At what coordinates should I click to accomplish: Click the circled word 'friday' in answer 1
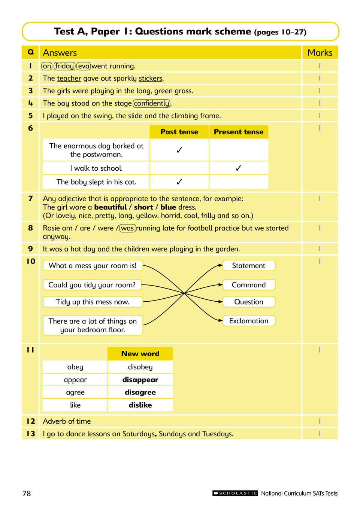point(64,66)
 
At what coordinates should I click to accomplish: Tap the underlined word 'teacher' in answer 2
point(69,79)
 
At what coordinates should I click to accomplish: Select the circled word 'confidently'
point(152,103)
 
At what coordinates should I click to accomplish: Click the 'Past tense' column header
point(179,132)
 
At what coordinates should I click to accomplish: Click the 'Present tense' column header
point(239,132)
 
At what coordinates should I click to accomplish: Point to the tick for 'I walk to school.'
point(239,168)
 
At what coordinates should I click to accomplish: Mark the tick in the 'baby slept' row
point(179,182)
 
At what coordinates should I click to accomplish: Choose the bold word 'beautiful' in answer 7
point(111,207)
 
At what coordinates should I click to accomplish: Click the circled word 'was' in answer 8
point(127,228)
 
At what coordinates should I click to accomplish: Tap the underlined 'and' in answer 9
point(103,249)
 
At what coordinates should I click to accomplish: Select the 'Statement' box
point(249,266)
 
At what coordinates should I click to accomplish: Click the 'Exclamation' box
point(249,321)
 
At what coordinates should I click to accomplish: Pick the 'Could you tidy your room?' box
point(92,285)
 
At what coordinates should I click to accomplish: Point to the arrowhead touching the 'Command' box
point(220,285)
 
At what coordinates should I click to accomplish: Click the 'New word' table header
point(140,354)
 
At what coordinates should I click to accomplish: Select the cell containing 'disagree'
point(140,393)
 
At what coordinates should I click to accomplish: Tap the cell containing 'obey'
point(75,367)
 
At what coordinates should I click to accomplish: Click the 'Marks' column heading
point(320,53)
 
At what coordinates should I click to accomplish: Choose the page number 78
point(27,494)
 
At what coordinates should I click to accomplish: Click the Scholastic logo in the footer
point(235,493)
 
